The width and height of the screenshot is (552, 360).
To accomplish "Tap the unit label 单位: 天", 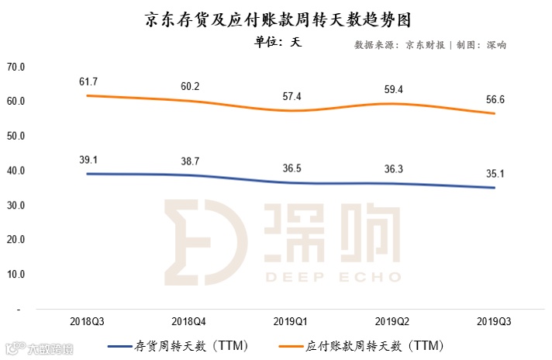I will pyautogui.click(x=277, y=43).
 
